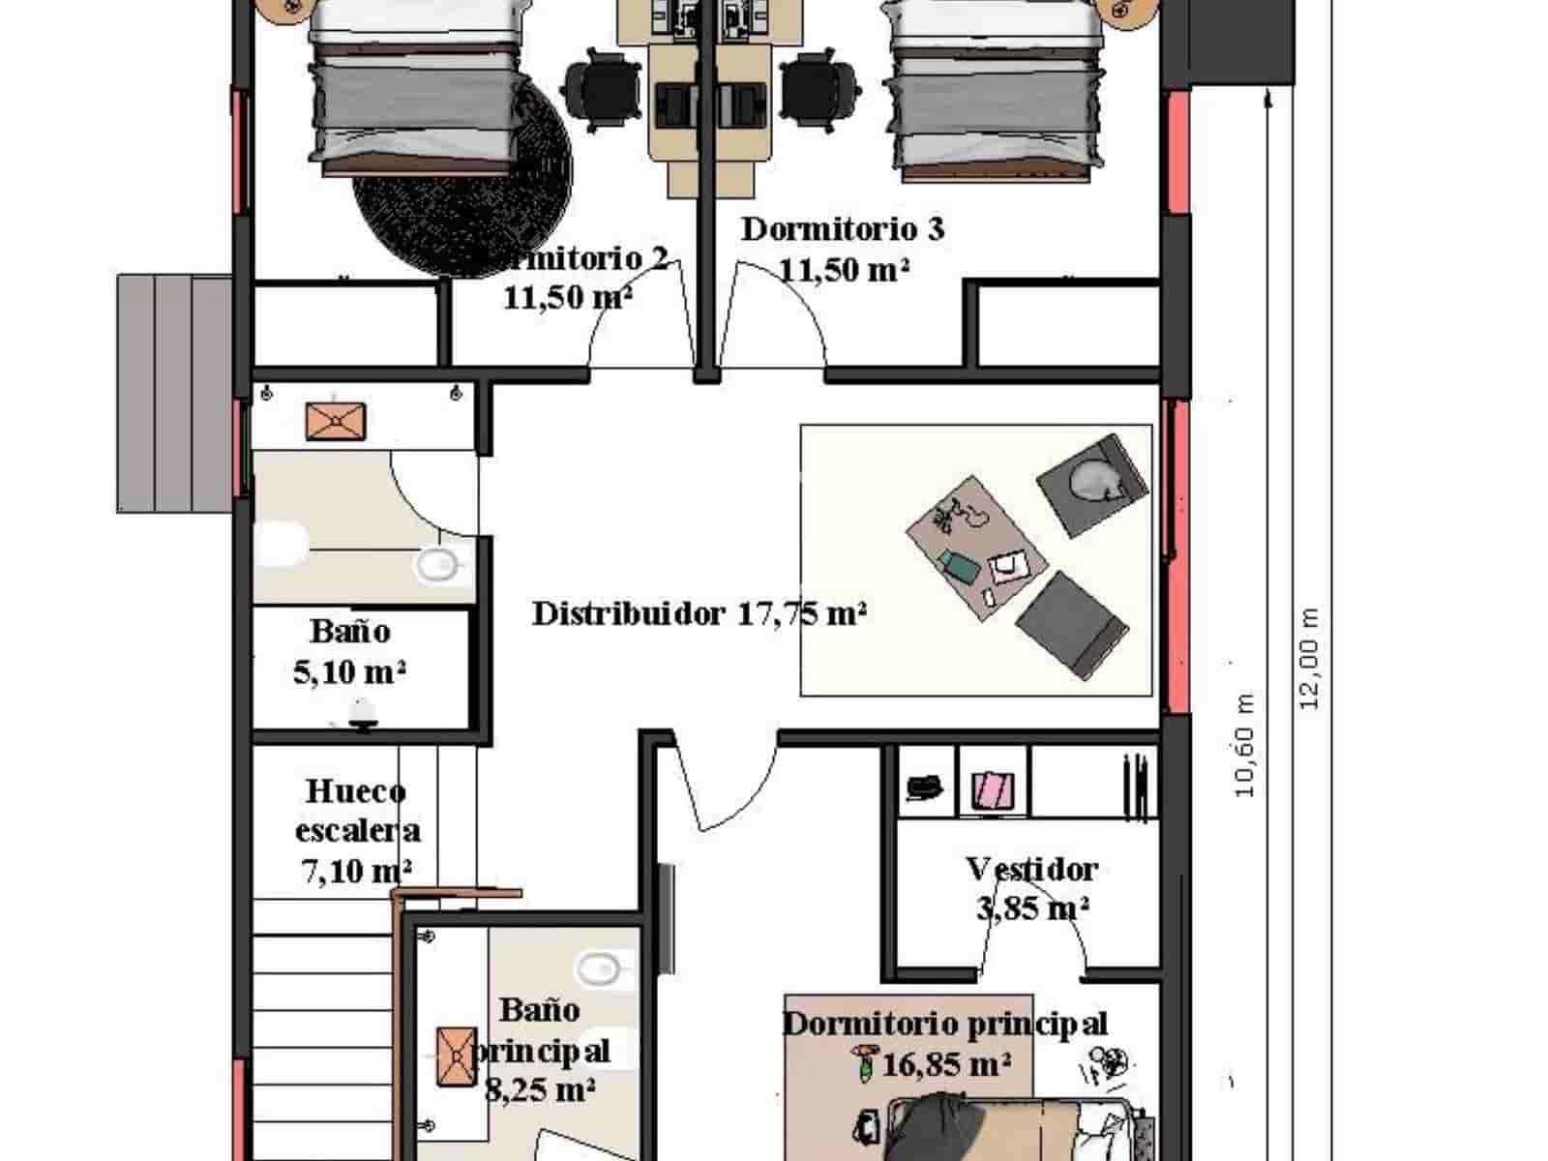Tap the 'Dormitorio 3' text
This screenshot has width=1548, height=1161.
pyautogui.click(x=842, y=229)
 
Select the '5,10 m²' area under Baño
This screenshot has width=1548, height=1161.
pyautogui.click(x=349, y=670)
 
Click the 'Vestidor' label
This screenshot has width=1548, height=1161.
pyautogui.click(x=1031, y=868)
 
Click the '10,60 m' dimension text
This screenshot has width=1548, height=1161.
pyautogui.click(x=1244, y=745)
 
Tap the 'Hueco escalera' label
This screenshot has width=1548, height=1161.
pyautogui.click(x=357, y=811)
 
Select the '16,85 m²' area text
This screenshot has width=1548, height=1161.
pyautogui.click(x=946, y=1064)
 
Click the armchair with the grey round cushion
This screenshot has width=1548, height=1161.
pyautogui.click(x=1091, y=482)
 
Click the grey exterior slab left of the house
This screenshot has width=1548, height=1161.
pyautogui.click(x=174, y=392)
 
